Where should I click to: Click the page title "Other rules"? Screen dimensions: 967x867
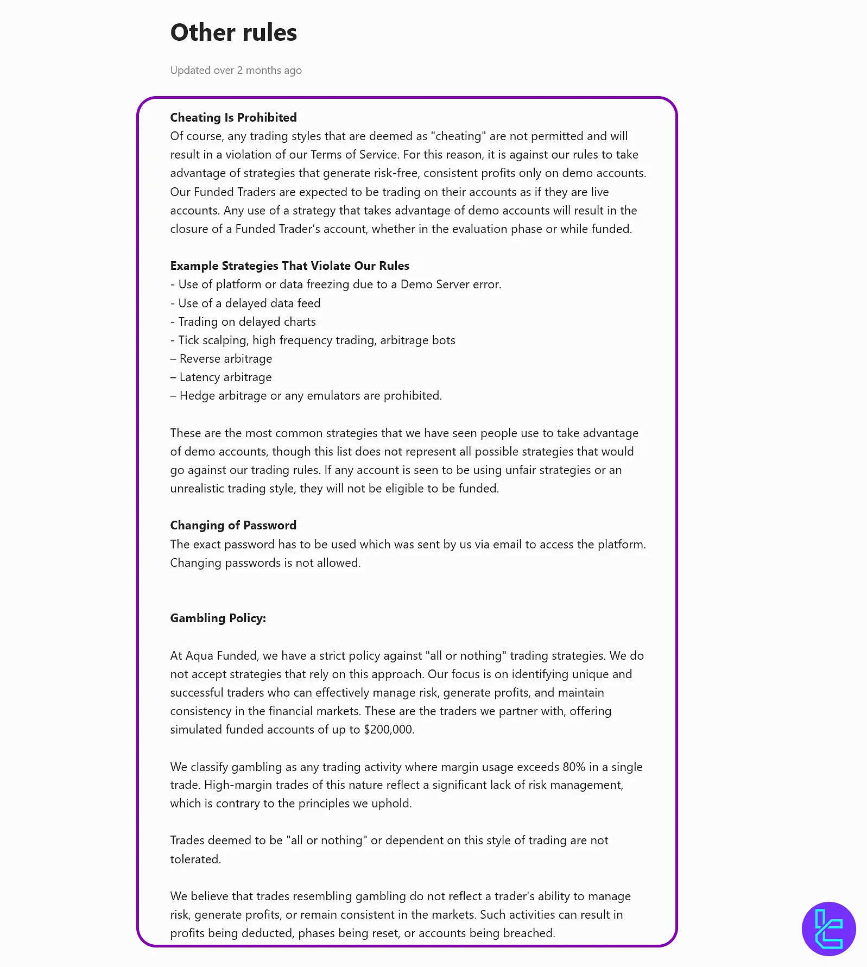[x=233, y=33]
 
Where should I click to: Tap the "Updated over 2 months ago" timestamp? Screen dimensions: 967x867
[x=236, y=71]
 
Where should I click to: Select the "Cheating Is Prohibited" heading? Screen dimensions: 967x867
[x=233, y=118]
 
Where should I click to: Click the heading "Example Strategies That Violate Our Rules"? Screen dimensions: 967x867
[x=289, y=266]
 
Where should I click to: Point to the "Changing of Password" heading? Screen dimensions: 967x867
[x=233, y=526]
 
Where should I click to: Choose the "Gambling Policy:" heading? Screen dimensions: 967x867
[x=218, y=618]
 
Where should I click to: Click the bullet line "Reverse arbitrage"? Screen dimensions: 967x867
[x=225, y=359]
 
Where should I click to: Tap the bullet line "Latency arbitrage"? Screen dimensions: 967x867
[x=225, y=377]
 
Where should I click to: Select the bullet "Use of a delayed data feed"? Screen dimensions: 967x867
[x=249, y=304]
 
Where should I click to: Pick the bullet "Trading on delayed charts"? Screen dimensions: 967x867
[x=247, y=322]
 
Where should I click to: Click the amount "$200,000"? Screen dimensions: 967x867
[x=389, y=730]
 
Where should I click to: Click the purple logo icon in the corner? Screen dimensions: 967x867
[x=828, y=929]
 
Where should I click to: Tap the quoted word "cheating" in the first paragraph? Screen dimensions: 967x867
[x=459, y=136]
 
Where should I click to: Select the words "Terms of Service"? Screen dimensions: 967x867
[x=353, y=155]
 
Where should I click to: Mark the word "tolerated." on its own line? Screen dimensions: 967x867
[x=195, y=859]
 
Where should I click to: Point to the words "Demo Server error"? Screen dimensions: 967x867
[x=451, y=285]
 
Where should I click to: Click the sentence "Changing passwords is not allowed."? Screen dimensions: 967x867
[x=265, y=563]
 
